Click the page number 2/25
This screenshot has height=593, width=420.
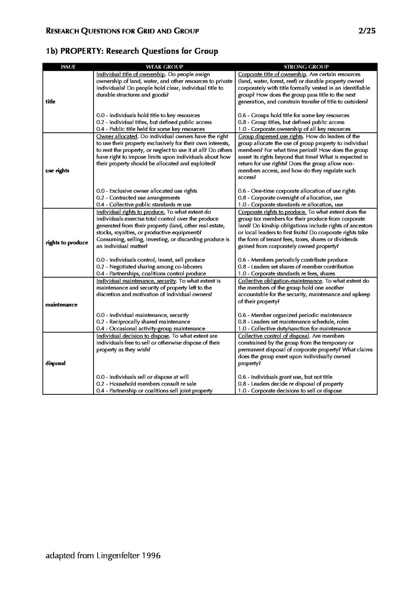pos(367,31)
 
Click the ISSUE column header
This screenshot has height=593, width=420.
pos(68,67)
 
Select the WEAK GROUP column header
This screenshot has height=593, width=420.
pos(164,67)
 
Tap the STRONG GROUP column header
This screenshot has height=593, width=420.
pos(306,67)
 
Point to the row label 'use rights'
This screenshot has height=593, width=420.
pos(57,171)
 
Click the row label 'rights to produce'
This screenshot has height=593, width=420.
pos(67,242)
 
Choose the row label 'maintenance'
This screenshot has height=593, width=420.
pos(61,305)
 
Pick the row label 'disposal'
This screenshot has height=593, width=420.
pos(55,363)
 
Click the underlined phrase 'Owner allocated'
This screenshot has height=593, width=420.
pos(116,136)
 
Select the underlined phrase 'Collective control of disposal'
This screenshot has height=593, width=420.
pos(274,336)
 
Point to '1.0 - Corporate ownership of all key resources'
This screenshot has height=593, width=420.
pos(294,129)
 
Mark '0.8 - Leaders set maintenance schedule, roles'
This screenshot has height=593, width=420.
pos(293,322)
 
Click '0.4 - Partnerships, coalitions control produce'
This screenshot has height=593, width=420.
pos(151,274)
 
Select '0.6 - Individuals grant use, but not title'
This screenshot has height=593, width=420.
pos(285,377)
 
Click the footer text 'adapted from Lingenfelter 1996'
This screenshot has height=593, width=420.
pos(103,556)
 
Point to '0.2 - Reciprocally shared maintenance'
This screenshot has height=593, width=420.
pos(143,322)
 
